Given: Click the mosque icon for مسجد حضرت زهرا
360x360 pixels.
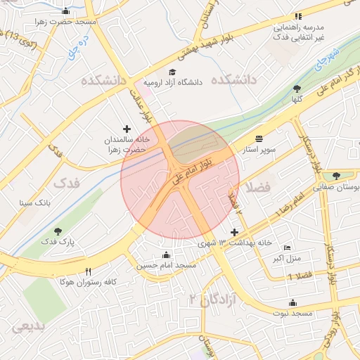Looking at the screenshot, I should tap(66, 11).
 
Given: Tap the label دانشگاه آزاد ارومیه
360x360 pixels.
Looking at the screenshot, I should tap(173, 82).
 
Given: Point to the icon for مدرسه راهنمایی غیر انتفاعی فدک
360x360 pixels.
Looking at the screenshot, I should tap(298, 16).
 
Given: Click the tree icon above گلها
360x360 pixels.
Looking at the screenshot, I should tap(297, 89).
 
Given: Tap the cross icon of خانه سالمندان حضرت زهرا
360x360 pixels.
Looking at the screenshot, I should tap(127, 129).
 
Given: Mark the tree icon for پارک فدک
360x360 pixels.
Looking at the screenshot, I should tap(58, 231).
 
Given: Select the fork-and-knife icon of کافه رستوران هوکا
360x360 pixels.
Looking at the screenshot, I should tap(88, 271).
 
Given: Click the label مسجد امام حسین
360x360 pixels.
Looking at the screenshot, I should tap(166, 265).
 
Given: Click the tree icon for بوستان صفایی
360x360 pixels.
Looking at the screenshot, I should tap(336, 176).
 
